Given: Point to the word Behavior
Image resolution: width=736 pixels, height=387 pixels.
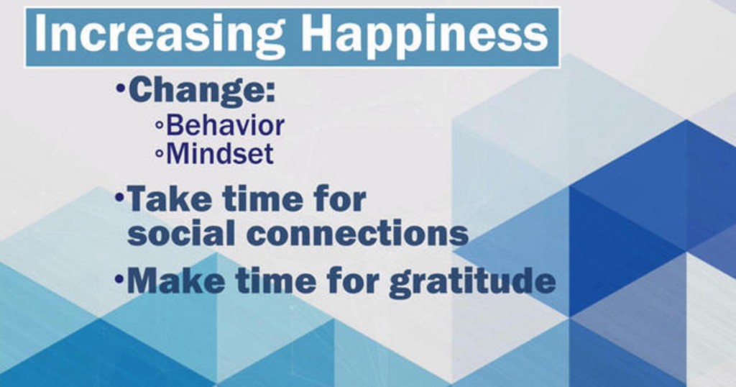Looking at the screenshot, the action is click(225, 126).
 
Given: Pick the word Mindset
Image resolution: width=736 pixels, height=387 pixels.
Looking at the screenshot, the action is click(220, 154).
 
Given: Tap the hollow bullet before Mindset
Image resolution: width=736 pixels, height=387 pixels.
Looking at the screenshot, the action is click(159, 153).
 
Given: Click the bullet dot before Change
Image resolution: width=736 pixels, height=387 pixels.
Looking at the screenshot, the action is click(120, 87).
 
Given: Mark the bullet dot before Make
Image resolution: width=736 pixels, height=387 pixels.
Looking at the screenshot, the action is click(119, 279).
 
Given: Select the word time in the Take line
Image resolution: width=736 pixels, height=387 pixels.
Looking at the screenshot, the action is click(263, 199).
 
